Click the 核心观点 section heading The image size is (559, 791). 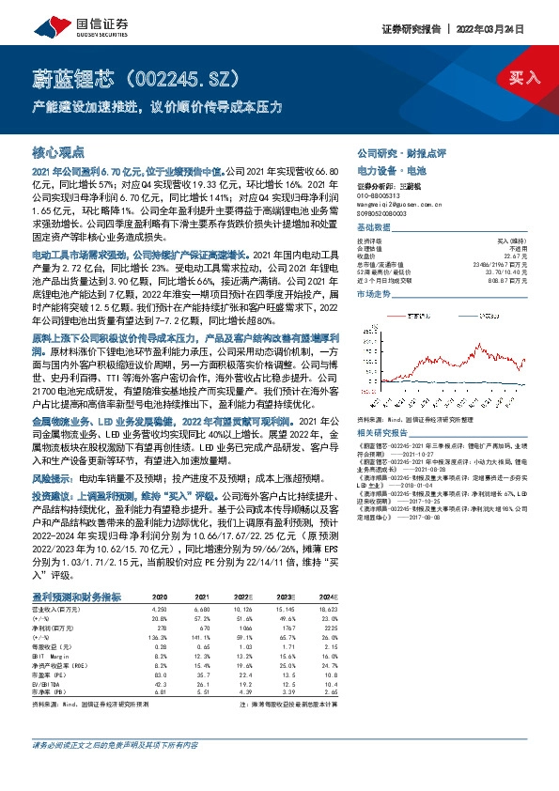[58, 151]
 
